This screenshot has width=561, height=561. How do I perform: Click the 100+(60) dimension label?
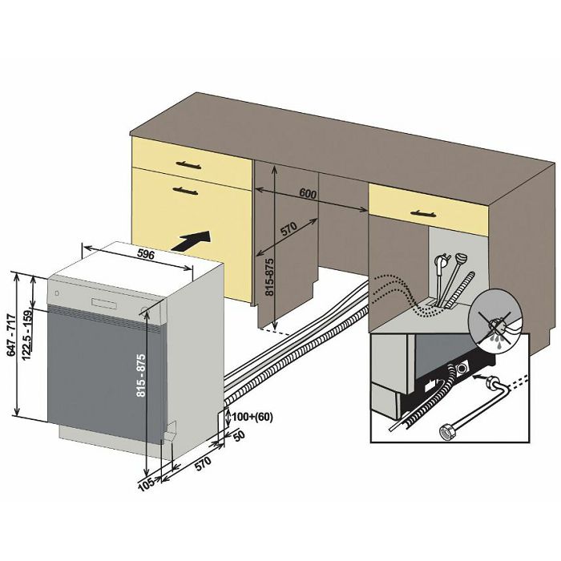(248, 417)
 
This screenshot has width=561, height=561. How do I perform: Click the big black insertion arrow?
(194, 239)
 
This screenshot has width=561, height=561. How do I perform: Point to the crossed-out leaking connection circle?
(498, 319)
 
